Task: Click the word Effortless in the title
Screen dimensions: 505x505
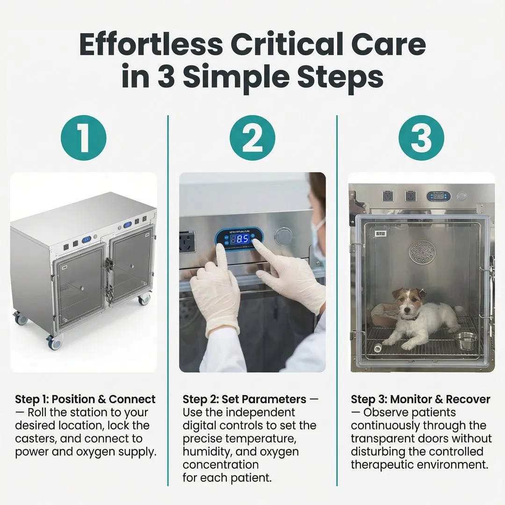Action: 150,45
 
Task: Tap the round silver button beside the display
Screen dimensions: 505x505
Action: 283,236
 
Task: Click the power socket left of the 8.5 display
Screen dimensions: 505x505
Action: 188,242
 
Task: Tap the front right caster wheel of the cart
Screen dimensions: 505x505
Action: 144,299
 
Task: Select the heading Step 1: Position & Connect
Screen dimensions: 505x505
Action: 85,399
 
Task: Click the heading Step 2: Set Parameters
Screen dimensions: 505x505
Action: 245,399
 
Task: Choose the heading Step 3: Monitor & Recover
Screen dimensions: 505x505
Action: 420,399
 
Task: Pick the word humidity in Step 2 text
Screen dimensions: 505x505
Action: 205,452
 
